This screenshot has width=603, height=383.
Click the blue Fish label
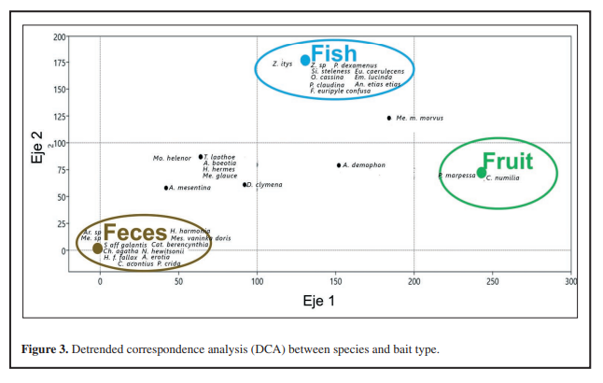tap(332, 53)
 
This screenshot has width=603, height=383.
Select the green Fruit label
tap(509, 162)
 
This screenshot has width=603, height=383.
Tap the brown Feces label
tap(134, 233)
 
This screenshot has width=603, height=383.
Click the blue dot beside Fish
tap(305, 60)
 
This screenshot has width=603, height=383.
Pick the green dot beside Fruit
tap(481, 172)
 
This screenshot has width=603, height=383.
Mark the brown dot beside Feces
tap(98, 248)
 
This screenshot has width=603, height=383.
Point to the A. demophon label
tap(365, 165)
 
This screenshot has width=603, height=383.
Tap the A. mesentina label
tap(190, 188)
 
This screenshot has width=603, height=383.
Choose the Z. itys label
tap(283, 64)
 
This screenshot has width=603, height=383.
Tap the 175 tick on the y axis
tap(60, 64)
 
